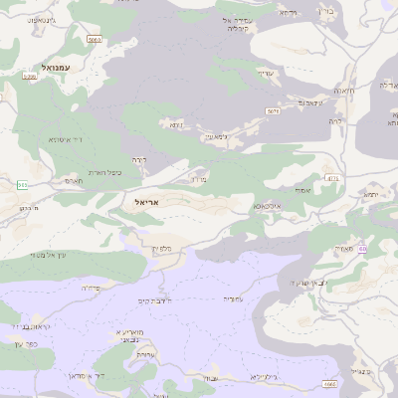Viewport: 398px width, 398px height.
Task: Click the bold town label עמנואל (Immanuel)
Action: click(x=48, y=66)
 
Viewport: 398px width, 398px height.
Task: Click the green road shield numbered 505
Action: click(x=22, y=185)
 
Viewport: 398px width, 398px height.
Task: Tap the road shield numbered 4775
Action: click(x=332, y=179)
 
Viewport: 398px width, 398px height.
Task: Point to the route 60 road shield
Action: click(x=362, y=249)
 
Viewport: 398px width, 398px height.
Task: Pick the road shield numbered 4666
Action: click(x=329, y=383)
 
